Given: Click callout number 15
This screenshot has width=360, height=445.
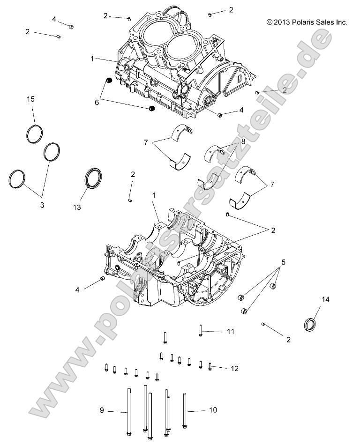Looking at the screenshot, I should (x=30, y=99).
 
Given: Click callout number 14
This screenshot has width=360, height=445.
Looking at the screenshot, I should (x=325, y=299).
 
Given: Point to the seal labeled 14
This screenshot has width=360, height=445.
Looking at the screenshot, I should (x=310, y=324).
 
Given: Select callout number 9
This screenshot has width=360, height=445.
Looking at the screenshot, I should (x=101, y=411).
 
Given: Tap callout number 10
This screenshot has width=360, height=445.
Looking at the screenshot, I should (x=213, y=410).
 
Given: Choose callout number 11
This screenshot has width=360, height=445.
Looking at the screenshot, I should (x=230, y=331).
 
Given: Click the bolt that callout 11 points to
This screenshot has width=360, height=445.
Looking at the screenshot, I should (x=200, y=330).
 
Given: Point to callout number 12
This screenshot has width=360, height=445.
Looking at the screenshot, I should (x=234, y=369).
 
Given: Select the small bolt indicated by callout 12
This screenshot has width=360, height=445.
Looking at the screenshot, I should (x=210, y=366).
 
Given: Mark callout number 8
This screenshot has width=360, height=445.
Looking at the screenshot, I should (x=243, y=141).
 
